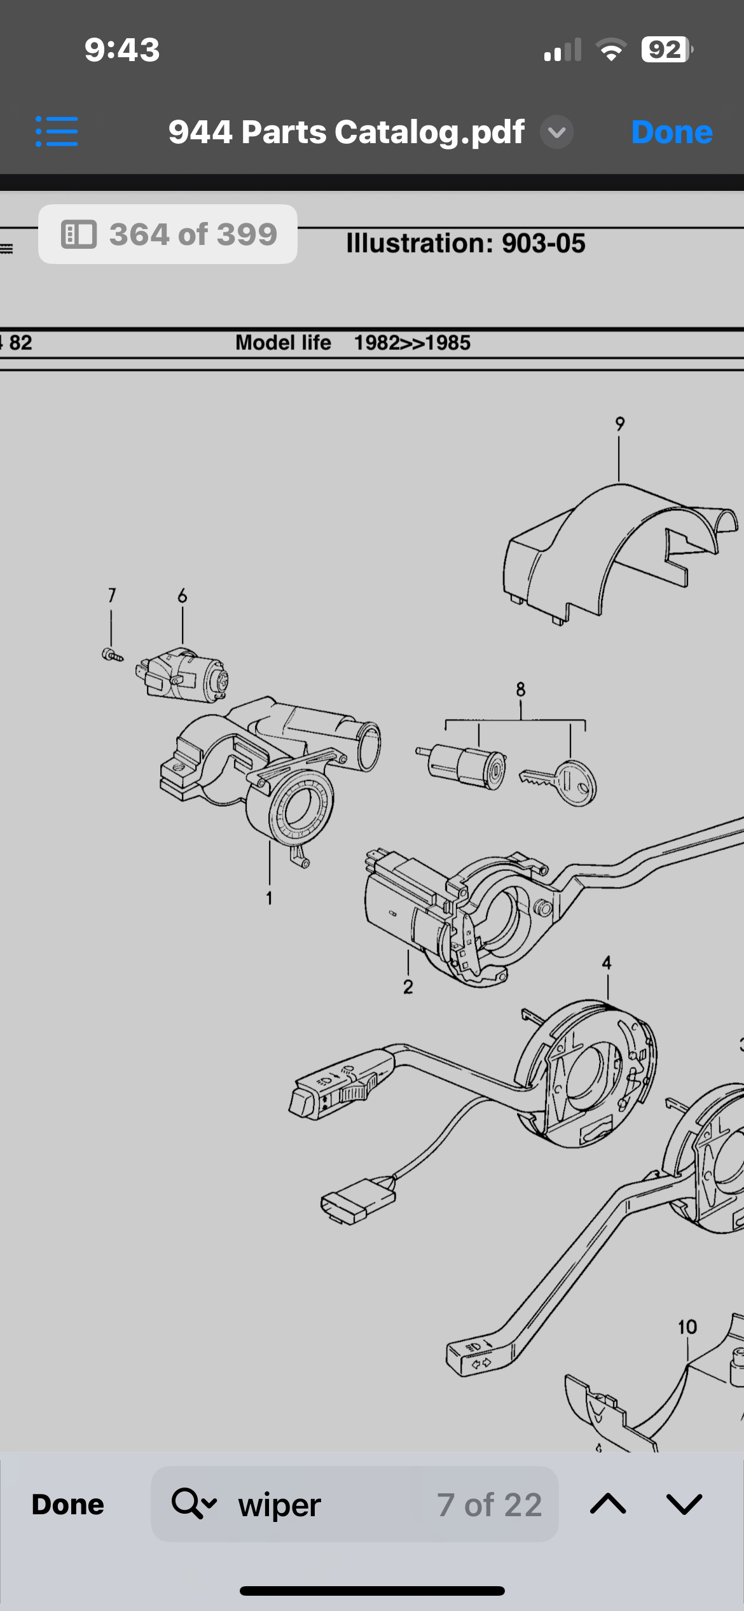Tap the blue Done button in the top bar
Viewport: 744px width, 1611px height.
click(672, 132)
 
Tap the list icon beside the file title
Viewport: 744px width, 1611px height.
click(57, 132)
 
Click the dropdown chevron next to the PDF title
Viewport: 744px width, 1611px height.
click(556, 132)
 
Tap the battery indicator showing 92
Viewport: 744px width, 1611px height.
click(666, 50)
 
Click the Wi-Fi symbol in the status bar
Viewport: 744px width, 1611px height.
click(611, 50)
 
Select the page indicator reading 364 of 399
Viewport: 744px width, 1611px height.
click(168, 234)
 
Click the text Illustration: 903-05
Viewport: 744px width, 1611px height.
click(465, 243)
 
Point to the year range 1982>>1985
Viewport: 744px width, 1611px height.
click(412, 343)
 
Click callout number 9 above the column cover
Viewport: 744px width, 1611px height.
click(620, 424)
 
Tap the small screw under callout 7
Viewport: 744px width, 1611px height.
click(112, 655)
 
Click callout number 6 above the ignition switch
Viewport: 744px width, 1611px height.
click(183, 596)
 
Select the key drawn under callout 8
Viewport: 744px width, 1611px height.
click(558, 782)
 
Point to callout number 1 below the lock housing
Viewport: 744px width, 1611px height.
click(269, 898)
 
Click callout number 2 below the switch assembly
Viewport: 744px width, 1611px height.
click(408, 987)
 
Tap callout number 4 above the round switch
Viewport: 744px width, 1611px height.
click(607, 963)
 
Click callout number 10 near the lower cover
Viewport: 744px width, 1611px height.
click(687, 1327)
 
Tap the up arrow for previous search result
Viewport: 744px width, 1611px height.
click(608, 1504)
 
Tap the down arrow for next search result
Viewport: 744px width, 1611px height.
click(684, 1504)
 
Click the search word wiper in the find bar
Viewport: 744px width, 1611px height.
click(279, 1505)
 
